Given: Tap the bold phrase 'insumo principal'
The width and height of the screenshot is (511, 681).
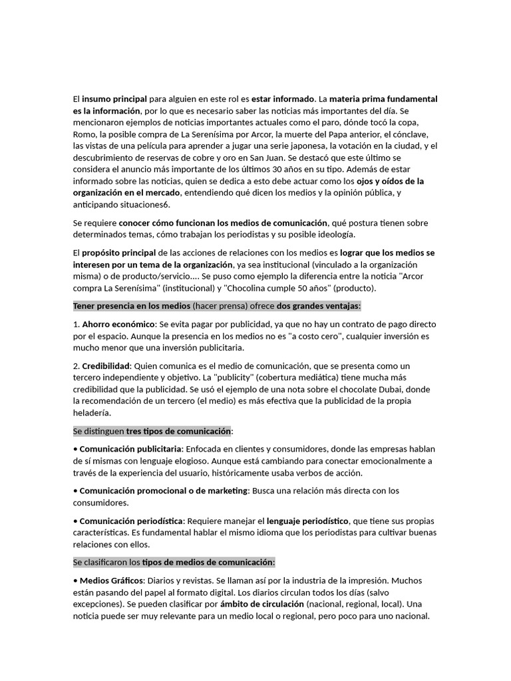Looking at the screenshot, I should (x=114, y=98).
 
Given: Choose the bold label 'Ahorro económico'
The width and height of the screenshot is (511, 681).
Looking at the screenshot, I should (x=118, y=325).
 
